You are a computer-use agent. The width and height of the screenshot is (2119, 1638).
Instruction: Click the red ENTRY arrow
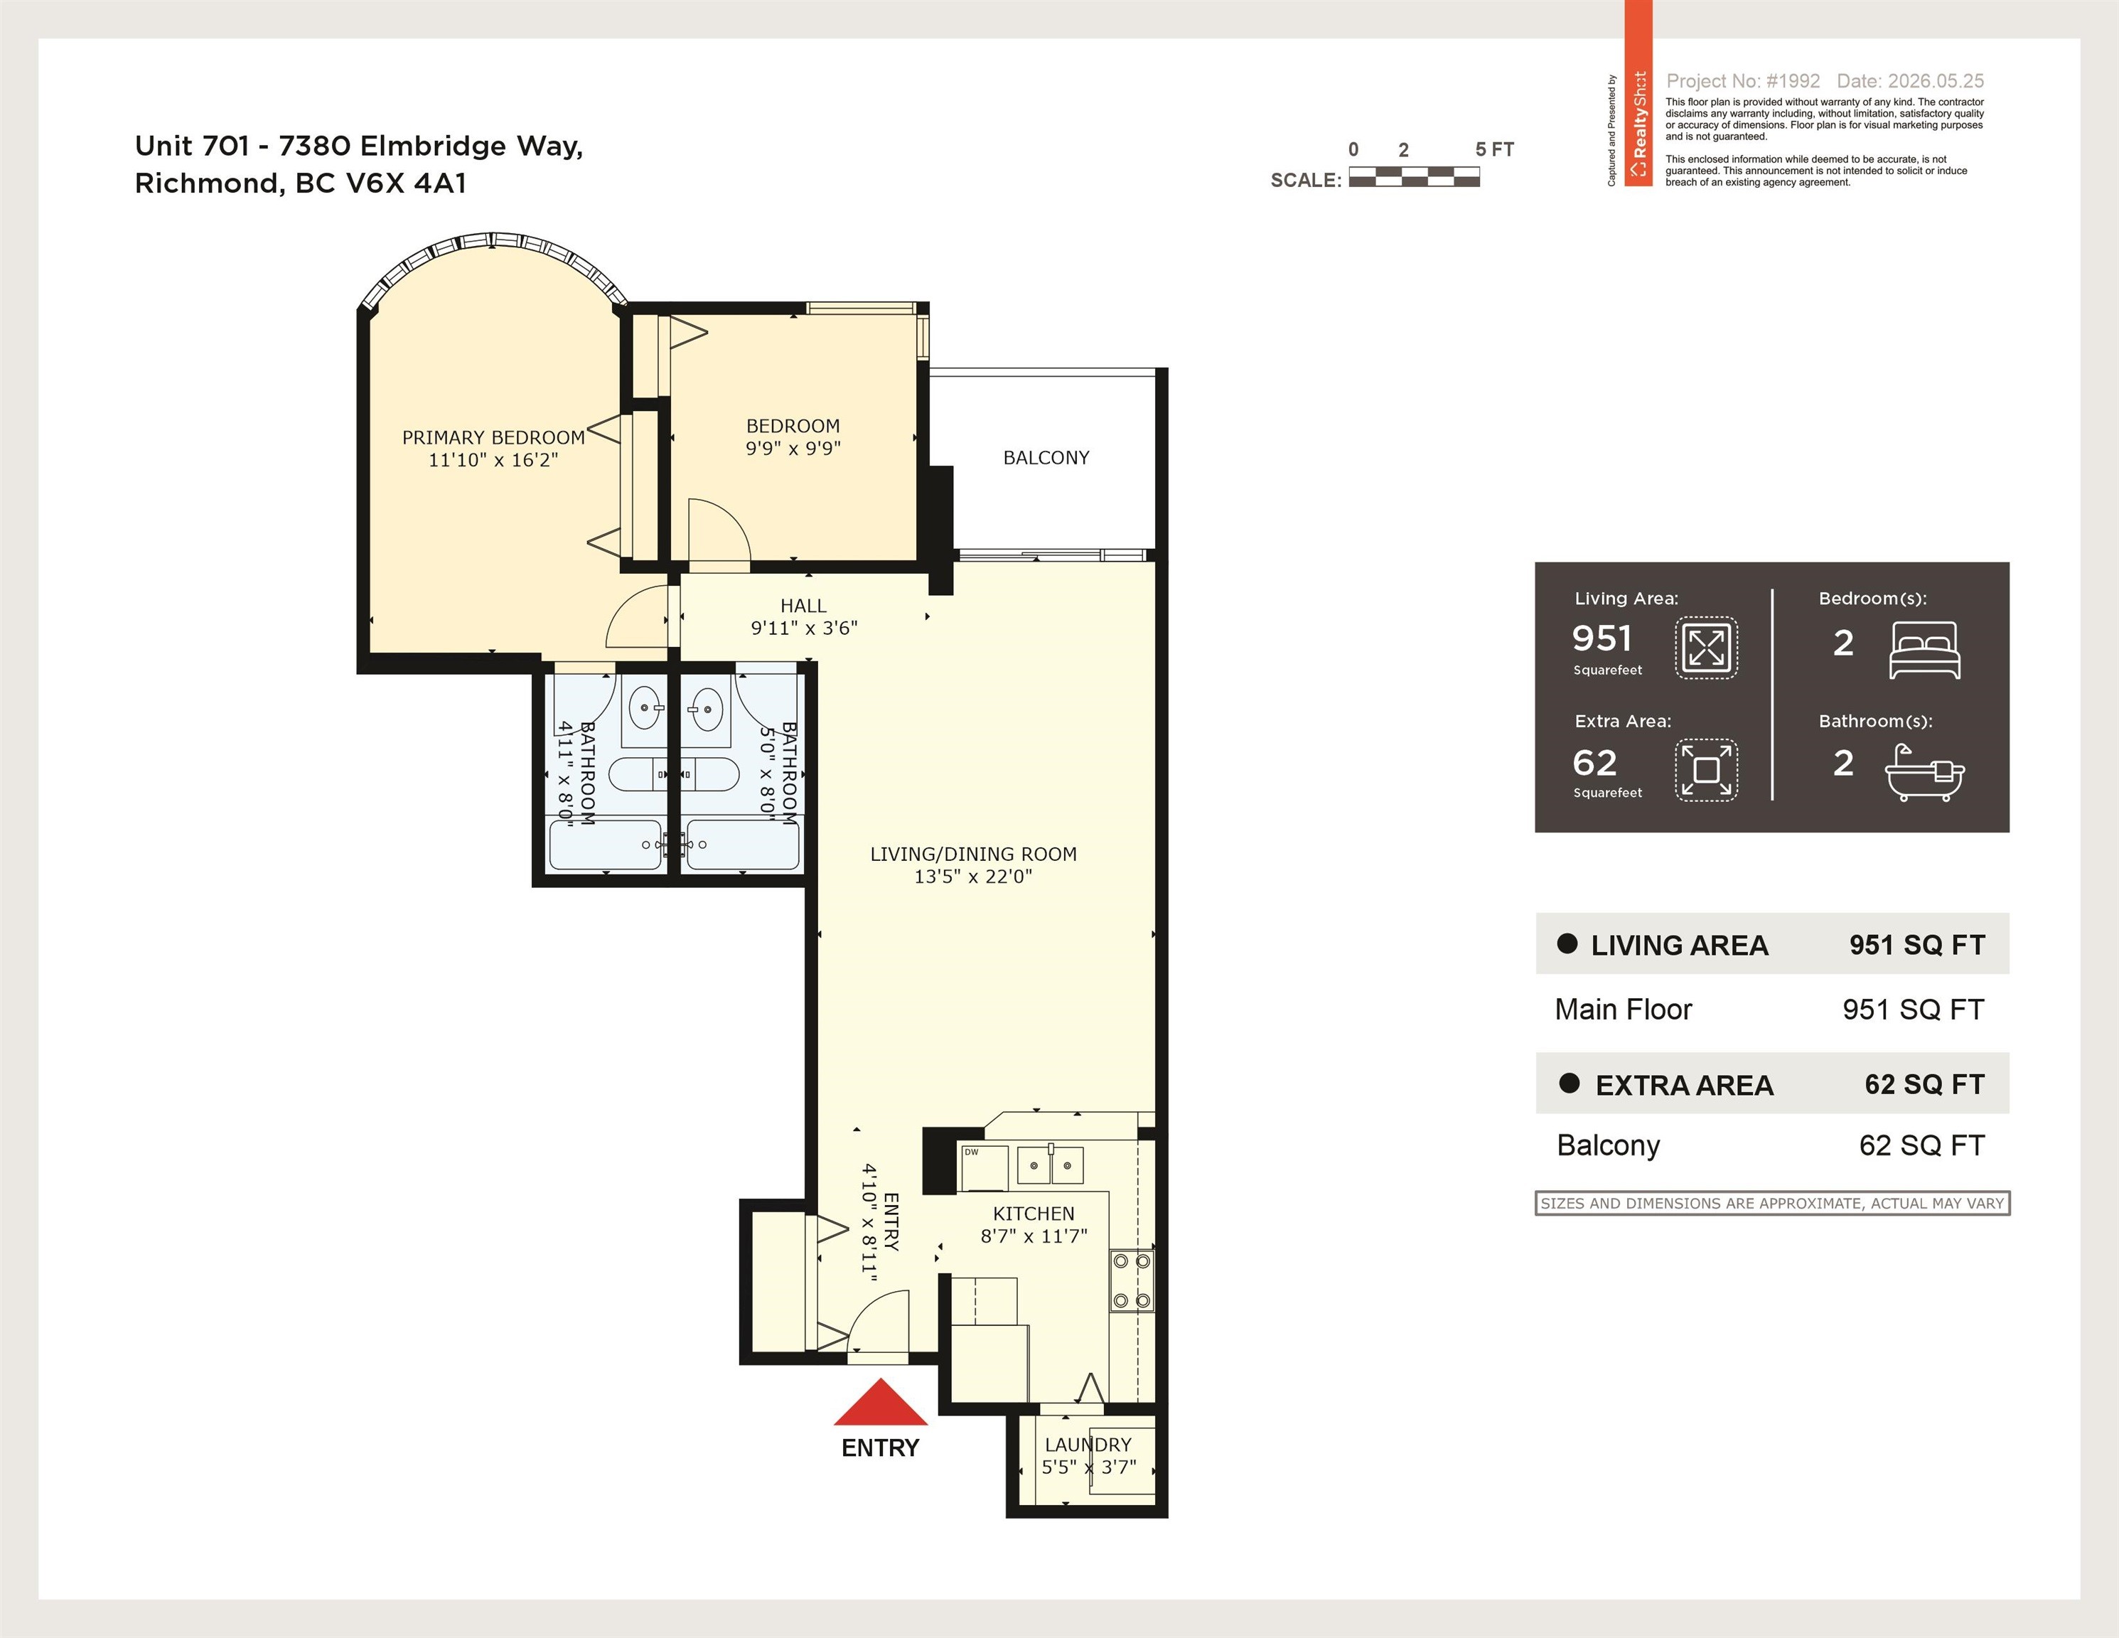(x=880, y=1403)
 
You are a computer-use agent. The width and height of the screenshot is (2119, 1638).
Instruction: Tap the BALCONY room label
(x=1046, y=457)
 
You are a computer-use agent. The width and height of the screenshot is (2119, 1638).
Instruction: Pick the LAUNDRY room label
(x=1088, y=1445)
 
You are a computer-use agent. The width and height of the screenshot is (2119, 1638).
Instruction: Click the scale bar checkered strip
(x=1415, y=176)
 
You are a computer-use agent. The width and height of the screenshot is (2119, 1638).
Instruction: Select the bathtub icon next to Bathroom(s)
(x=1925, y=772)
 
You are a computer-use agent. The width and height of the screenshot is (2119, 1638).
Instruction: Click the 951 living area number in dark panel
(x=1602, y=638)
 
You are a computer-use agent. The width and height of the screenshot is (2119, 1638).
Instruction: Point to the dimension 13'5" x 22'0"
(x=973, y=877)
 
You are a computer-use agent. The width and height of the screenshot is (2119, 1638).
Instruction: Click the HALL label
(x=803, y=606)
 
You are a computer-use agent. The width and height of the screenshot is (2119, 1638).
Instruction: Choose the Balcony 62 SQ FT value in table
(x=1921, y=1146)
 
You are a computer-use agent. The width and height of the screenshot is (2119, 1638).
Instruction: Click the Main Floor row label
(x=1624, y=1010)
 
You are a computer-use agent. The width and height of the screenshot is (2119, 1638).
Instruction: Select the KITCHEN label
(x=1034, y=1214)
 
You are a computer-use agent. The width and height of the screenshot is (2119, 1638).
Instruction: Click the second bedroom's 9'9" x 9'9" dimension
(x=793, y=449)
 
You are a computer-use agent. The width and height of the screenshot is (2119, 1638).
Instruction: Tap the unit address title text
(x=359, y=164)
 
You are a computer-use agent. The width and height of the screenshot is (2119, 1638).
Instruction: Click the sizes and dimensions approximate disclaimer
(x=1771, y=1204)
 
